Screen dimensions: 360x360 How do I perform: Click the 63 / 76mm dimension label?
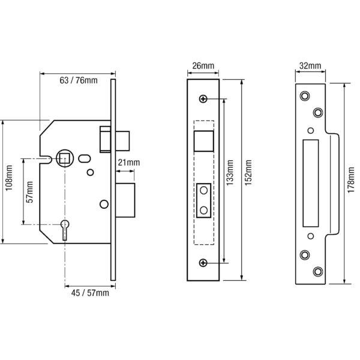coord(79,80)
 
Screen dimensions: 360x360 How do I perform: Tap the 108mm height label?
coord(9,178)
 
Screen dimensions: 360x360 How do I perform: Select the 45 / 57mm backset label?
coord(90,293)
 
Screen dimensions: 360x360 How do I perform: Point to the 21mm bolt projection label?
coord(129,163)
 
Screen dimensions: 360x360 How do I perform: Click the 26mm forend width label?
coord(203,66)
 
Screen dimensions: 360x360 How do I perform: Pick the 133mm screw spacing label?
coord(230,173)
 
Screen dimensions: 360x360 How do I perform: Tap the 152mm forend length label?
coord(248,173)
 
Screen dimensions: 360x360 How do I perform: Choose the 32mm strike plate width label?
coord(310,66)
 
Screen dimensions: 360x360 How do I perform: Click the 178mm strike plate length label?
coord(351,180)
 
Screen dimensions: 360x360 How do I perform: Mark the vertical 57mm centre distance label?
coord(29,192)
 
